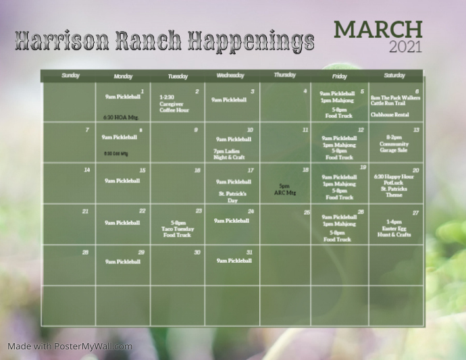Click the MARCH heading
pos(378,30)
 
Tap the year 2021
pos(405,47)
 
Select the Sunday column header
pos(70,75)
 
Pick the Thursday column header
pos(285,75)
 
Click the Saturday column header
pos(394,75)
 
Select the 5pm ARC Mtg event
pos(284,190)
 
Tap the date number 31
pos(250,252)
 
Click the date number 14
pos(86,170)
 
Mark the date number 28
pos(85,252)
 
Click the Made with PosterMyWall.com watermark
pos(70,346)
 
